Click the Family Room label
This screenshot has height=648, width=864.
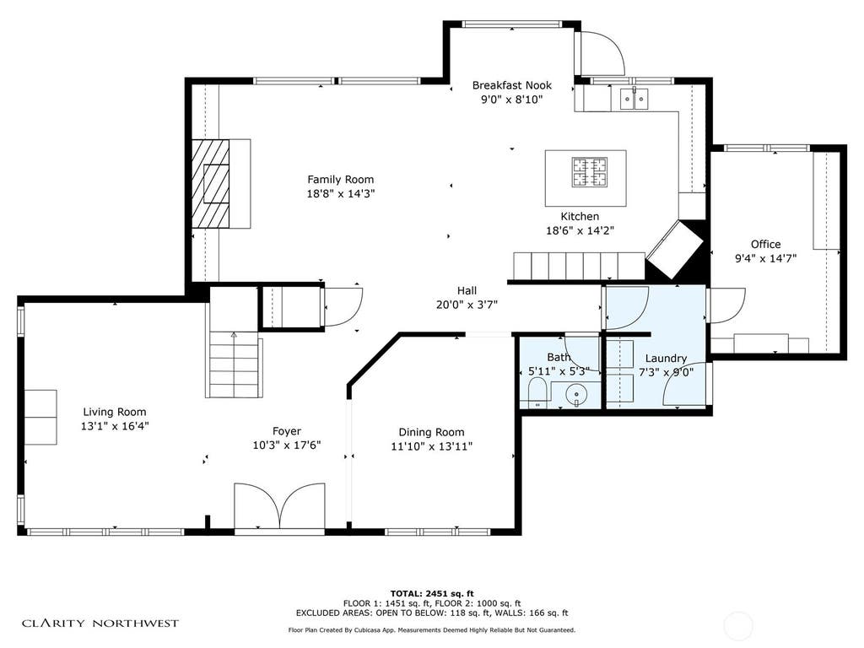341,180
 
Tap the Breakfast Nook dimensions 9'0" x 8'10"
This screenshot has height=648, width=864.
512,100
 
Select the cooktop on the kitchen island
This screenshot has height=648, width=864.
590,171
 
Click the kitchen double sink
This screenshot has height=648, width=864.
634,100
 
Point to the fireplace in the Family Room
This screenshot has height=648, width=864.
210,183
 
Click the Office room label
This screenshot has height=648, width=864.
765,244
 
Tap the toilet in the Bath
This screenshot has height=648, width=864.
536,393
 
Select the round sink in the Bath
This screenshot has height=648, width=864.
576,395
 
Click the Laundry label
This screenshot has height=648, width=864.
666,358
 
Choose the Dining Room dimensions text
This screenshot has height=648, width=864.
431,446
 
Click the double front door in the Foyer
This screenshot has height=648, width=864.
279,506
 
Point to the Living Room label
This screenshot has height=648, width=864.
115,412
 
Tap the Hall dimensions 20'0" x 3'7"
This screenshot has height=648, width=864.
467,305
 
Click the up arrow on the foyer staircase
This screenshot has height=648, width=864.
234,334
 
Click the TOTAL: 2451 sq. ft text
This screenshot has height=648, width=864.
432,593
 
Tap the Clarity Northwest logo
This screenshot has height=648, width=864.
100,624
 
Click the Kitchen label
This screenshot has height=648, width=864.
580,217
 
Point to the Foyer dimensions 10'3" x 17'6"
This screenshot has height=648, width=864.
287,445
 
